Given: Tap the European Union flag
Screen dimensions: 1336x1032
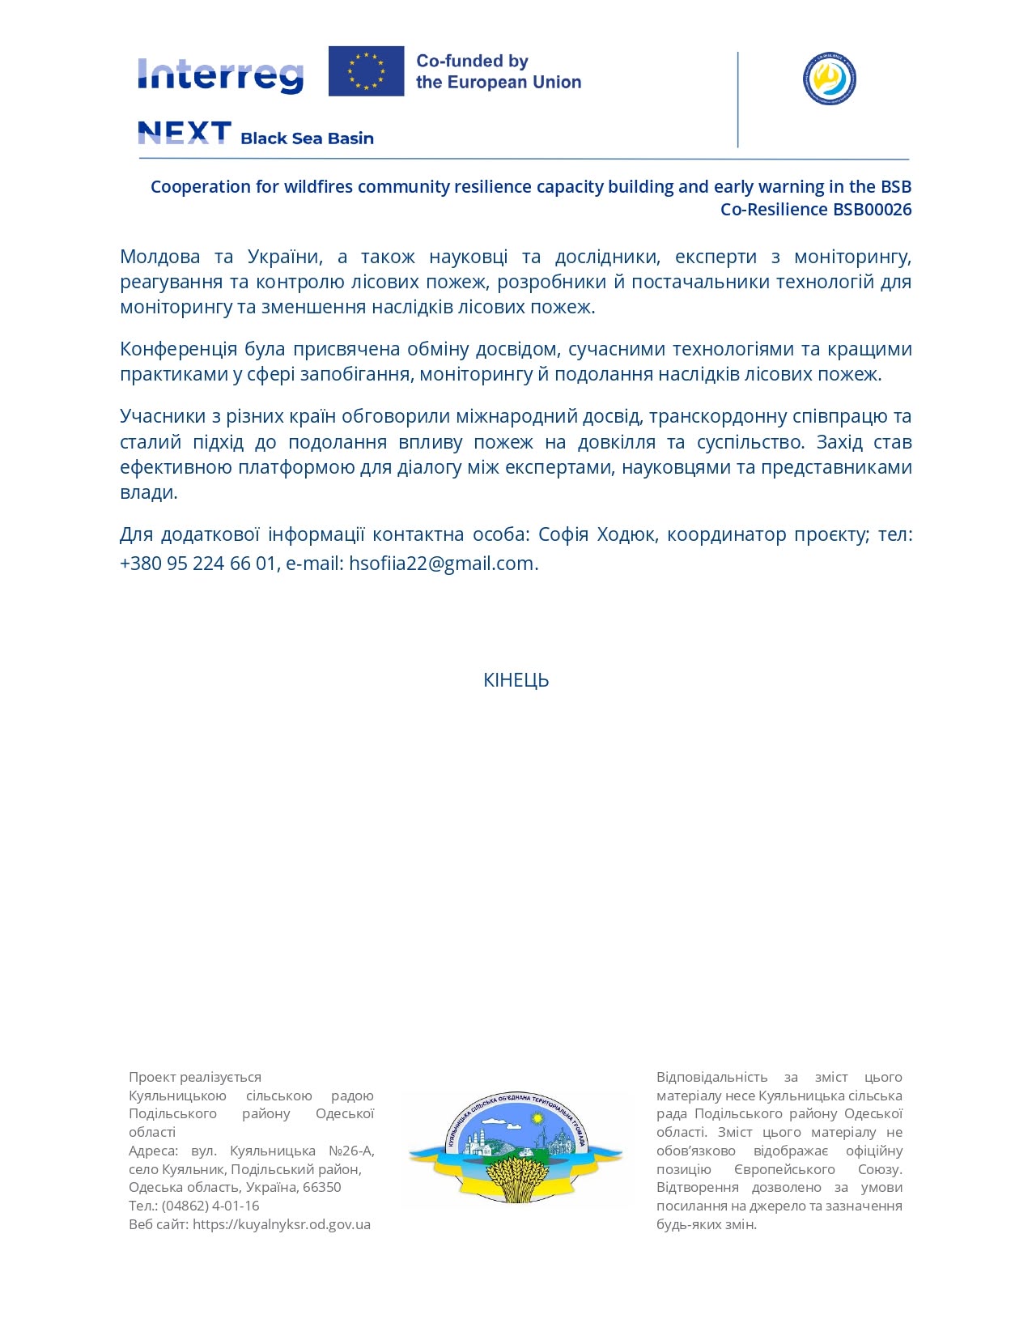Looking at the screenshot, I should coord(366,71).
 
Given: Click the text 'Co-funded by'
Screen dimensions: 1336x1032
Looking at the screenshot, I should coord(472,61).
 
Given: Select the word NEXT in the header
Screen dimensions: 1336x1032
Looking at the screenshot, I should coord(185,133).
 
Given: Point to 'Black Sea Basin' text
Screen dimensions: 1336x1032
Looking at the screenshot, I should coord(307,138).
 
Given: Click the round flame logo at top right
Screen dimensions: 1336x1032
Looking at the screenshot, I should coord(830,79).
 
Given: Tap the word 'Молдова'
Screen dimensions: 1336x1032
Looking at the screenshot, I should coord(159,257).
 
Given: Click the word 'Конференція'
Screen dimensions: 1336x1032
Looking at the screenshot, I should coord(178,349).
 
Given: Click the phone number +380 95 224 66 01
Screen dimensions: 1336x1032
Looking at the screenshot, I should coord(198,564).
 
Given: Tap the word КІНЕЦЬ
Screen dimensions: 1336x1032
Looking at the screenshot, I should coord(516,680).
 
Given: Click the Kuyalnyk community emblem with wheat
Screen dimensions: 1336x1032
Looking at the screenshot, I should coord(516,1147).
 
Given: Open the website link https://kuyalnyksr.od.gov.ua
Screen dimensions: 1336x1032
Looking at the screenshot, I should coord(282,1224).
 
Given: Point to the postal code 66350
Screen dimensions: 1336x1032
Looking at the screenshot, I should coord(321,1187).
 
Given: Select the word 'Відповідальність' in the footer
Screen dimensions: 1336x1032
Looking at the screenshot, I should coord(711,1077).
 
